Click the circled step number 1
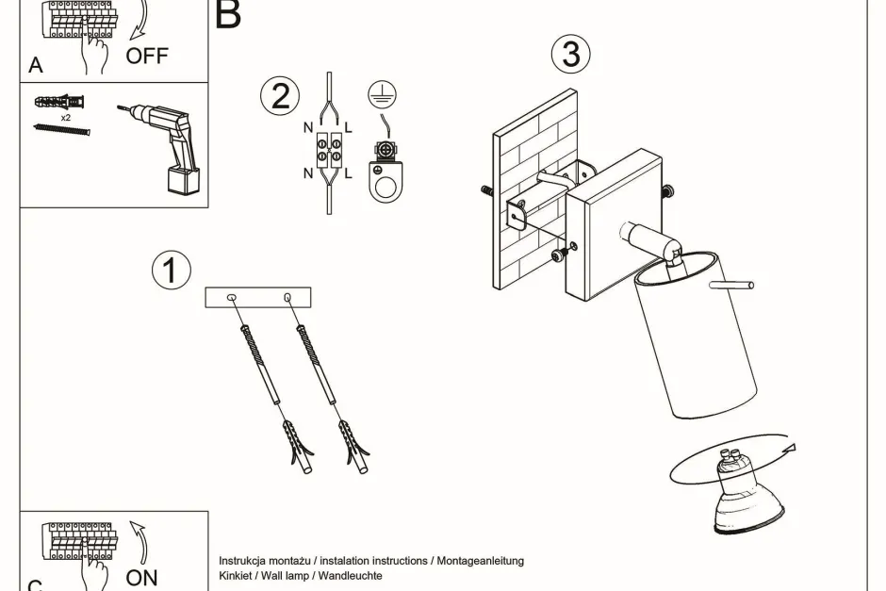[x=171, y=271]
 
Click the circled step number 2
[x=280, y=96]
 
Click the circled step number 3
[x=571, y=54]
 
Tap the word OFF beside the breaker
[x=147, y=56]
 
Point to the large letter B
[x=228, y=15]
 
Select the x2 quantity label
[x=65, y=119]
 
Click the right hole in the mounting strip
[x=287, y=299]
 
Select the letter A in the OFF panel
[x=36, y=66]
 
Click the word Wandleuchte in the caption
[x=350, y=575]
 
